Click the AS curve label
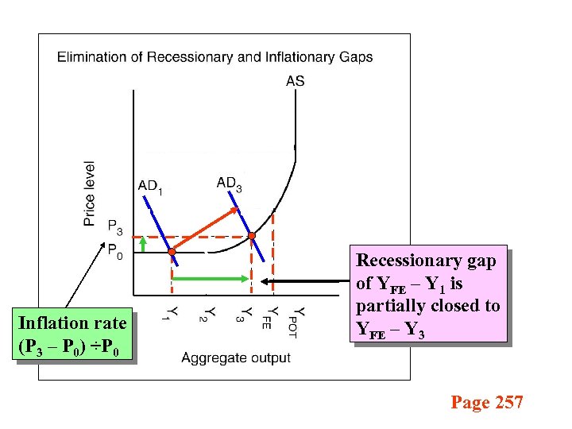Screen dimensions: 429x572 pos(295,80)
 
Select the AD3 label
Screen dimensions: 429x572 pos(230,184)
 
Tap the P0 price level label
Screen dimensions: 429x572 pos(115,256)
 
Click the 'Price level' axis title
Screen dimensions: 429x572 pos(90,193)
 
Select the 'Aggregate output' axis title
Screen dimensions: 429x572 pos(236,357)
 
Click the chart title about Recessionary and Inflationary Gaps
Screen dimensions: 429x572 pos(214,56)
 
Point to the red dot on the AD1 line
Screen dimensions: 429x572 pos(172,252)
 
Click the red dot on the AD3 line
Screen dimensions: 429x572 pos(251,236)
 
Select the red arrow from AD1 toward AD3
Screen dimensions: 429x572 pos(207,230)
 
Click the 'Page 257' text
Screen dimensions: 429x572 pos(487,403)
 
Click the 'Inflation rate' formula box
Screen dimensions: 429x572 pos(72,334)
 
